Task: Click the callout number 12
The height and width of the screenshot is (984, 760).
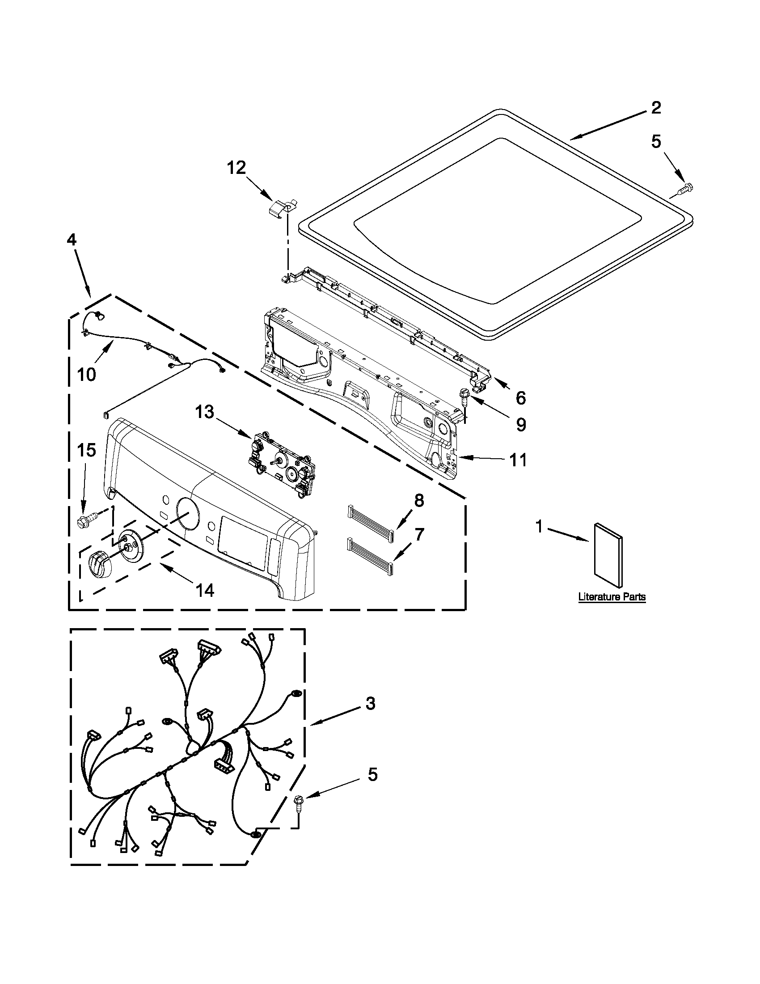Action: point(236,168)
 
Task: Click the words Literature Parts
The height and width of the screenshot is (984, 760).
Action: point(612,597)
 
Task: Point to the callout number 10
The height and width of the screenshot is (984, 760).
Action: point(86,374)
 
